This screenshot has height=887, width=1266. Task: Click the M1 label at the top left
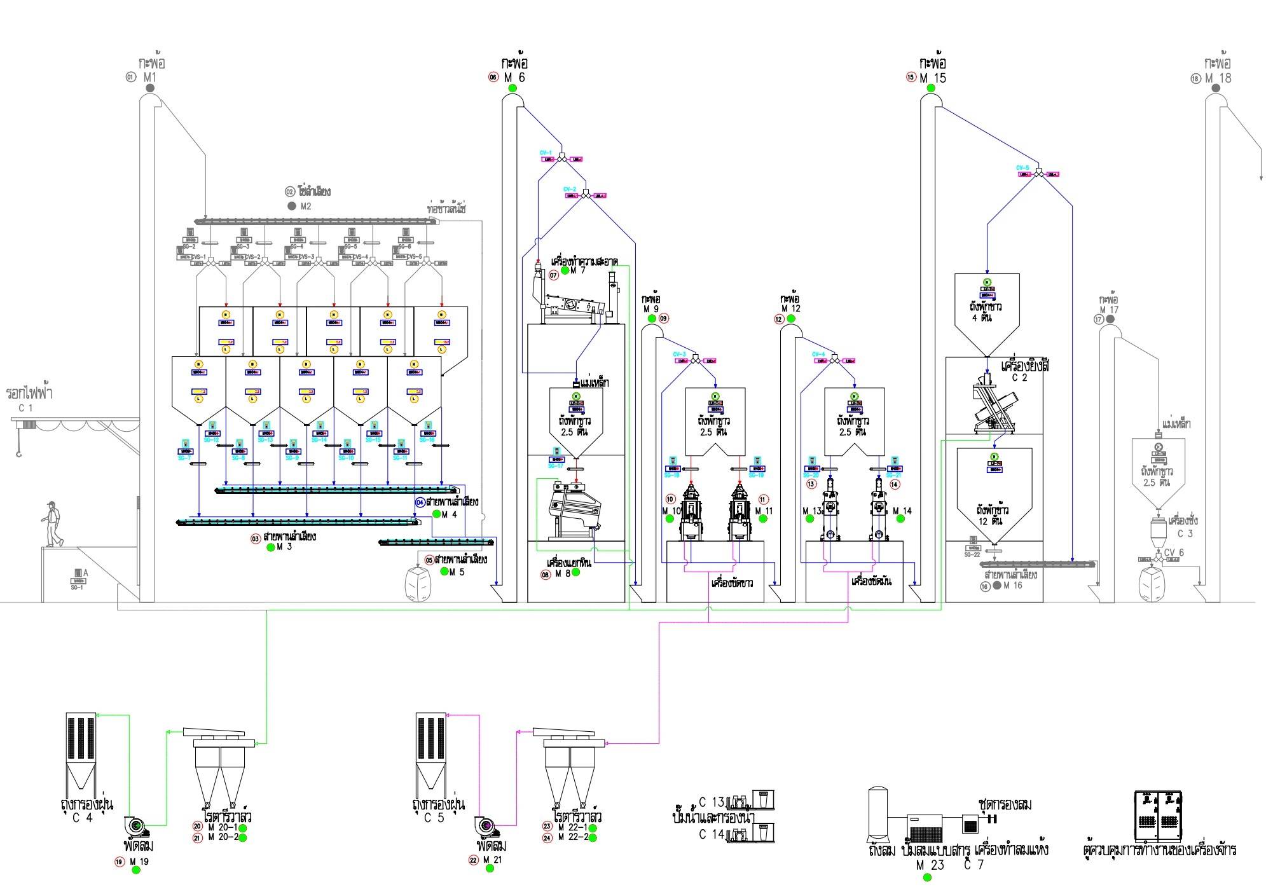click(149, 77)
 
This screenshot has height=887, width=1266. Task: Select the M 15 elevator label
click(933, 78)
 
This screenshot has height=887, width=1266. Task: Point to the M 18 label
click(1218, 78)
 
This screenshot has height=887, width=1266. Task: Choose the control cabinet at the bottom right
click(1159, 816)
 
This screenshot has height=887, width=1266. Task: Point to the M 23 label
click(930, 865)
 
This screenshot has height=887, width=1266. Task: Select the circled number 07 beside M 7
click(554, 275)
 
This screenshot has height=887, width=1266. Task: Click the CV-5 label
click(1022, 168)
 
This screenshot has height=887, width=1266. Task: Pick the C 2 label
click(1019, 378)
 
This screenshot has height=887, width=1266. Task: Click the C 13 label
click(711, 802)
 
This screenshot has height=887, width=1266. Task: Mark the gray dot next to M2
click(292, 206)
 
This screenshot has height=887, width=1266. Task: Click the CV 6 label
click(1174, 553)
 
